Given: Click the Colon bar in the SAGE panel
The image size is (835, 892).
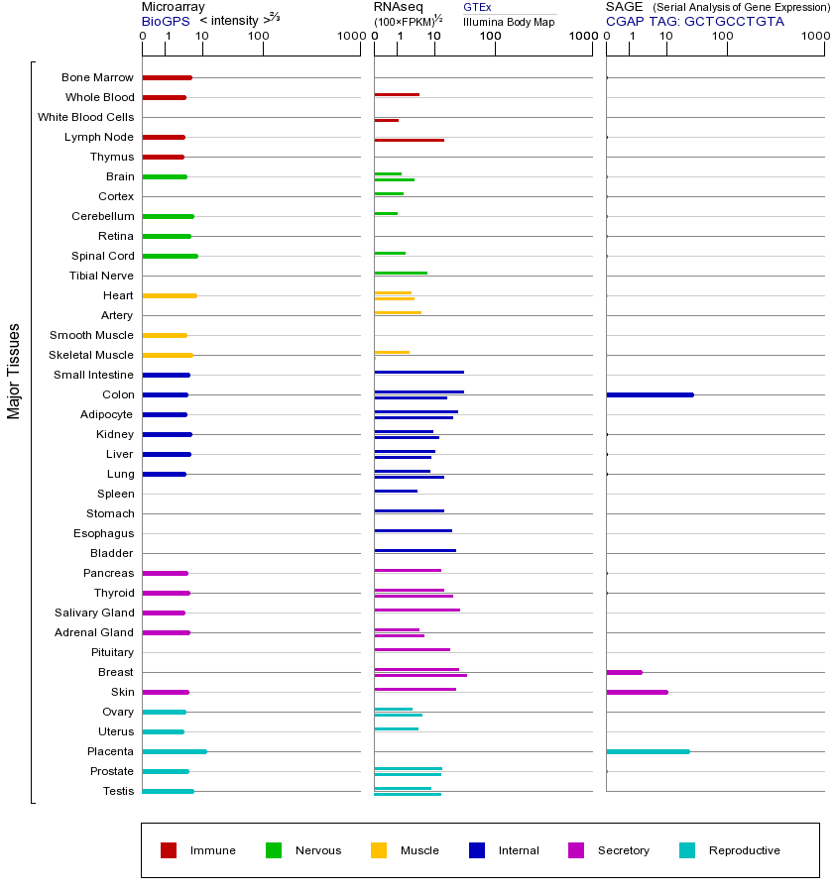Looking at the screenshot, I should click(650, 394).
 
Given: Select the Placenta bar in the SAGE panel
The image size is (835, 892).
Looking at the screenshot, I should click(648, 751).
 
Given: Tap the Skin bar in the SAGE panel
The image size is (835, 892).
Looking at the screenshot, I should click(637, 692).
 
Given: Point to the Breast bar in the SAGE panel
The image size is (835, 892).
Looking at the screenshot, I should click(624, 672).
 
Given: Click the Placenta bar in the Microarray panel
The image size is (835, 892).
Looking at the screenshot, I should click(175, 751).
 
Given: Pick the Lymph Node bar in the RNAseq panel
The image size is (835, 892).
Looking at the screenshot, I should click(409, 140).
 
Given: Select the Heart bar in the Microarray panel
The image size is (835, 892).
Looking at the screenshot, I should click(170, 295).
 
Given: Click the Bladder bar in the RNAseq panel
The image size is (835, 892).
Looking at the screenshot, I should click(415, 550).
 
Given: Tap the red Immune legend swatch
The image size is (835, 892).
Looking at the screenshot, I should click(169, 850).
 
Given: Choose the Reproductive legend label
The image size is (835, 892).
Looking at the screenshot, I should click(744, 850).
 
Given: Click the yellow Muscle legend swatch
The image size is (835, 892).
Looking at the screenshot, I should click(379, 850).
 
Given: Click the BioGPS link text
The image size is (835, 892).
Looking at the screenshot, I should click(164, 21).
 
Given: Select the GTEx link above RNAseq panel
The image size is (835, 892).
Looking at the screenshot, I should click(477, 7).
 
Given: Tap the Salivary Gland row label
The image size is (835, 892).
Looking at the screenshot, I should click(94, 613).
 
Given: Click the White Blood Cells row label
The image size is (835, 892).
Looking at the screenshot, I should click(85, 117).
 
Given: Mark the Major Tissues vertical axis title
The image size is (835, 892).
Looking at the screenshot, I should click(14, 371).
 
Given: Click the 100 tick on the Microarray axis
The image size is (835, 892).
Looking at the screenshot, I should click(259, 37).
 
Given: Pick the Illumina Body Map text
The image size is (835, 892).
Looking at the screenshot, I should click(509, 21).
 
